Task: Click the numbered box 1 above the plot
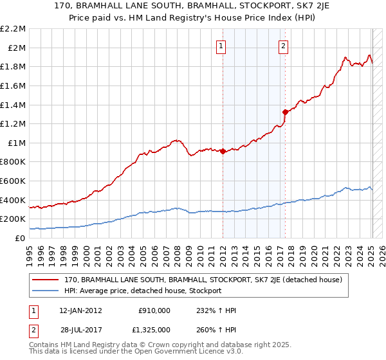click(221, 45)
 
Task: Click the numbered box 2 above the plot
click(283, 45)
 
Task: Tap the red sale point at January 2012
click(223, 152)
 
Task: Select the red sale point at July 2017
click(285, 112)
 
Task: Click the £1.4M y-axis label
click(14, 105)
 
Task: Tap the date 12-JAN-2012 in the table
click(80, 310)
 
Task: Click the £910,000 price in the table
click(154, 310)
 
